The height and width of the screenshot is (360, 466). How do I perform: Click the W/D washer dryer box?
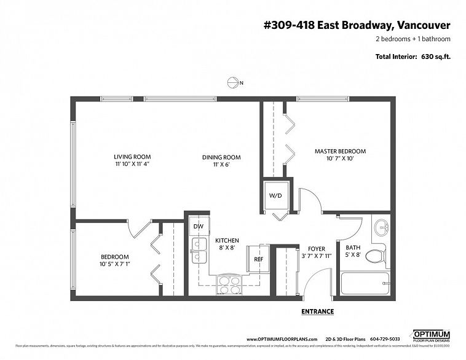click(x=275, y=196)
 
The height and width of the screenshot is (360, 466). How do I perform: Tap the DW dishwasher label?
click(x=198, y=226)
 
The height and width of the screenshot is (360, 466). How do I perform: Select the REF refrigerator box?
click(x=258, y=259)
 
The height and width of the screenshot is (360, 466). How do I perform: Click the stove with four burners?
click(x=230, y=285)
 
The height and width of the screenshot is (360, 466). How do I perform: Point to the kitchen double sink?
click(x=199, y=251)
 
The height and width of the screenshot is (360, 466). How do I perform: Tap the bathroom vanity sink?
click(x=382, y=227)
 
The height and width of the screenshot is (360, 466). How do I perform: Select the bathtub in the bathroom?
click(x=364, y=284)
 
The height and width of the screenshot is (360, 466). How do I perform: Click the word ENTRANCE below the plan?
click(x=317, y=311)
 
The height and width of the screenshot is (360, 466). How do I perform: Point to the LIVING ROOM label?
click(x=132, y=157)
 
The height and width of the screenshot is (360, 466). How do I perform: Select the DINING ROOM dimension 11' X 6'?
click(x=221, y=165)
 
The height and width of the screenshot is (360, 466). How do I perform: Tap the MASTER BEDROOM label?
click(x=340, y=151)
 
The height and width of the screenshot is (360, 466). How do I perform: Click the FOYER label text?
click(x=317, y=249)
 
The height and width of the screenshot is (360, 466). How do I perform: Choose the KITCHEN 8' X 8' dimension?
click(x=227, y=248)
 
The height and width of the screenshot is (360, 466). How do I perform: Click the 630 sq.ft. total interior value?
click(x=435, y=57)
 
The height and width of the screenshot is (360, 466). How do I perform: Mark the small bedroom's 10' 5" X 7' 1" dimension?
click(x=115, y=264)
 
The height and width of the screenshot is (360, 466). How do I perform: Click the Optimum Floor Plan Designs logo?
click(x=430, y=335)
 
